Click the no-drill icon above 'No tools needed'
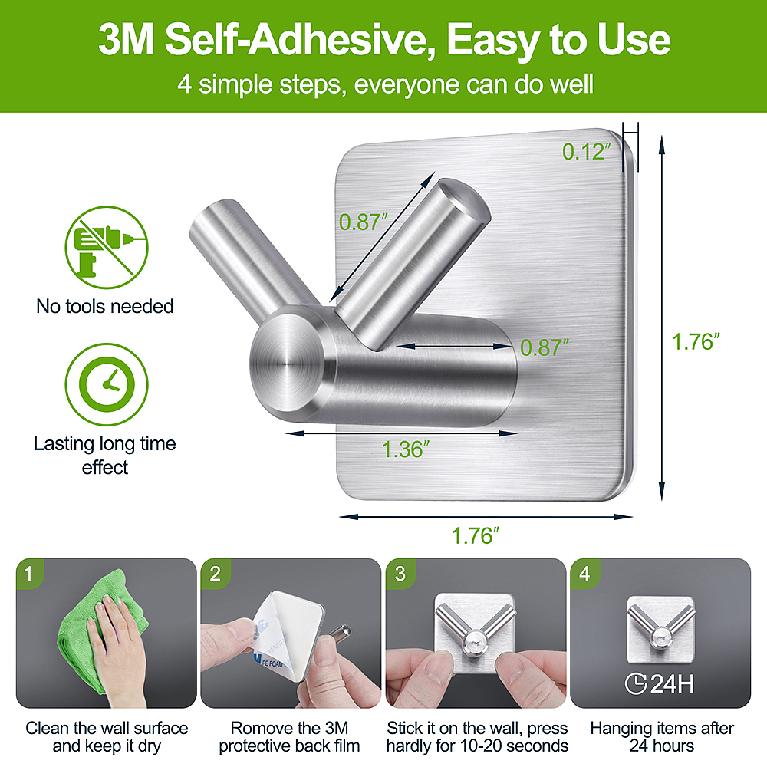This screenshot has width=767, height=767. [x=106, y=247]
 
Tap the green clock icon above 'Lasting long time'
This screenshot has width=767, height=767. [x=106, y=384]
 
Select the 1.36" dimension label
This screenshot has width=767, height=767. [x=406, y=449]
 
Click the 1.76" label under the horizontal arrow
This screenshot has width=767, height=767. [x=475, y=535]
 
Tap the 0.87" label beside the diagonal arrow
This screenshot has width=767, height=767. [x=364, y=222]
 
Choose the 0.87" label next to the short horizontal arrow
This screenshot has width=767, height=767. [x=545, y=347]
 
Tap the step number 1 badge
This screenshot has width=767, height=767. [x=29, y=573]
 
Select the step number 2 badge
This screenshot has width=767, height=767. [x=215, y=573]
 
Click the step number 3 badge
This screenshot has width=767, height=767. [x=400, y=573]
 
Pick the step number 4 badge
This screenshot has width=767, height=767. [x=584, y=573]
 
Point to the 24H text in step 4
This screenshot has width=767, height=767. [x=673, y=684]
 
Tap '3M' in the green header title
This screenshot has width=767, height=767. [x=127, y=40]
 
